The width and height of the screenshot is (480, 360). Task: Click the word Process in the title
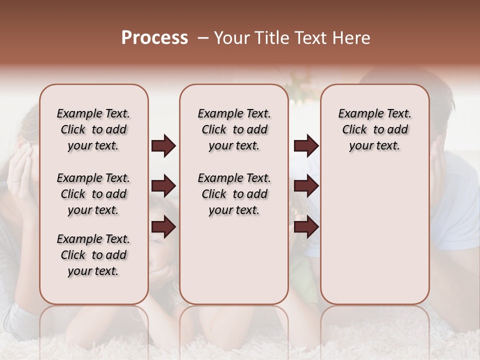pyautogui.click(x=154, y=38)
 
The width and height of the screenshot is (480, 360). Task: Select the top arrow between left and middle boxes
pyautogui.click(x=163, y=146)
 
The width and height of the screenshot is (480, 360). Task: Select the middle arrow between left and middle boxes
pyautogui.click(x=163, y=186)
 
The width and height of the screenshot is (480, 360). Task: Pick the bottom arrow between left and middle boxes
pyautogui.click(x=163, y=227)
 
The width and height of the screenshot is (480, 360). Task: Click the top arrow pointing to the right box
pyautogui.click(x=306, y=146)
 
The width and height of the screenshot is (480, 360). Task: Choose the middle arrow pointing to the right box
pyautogui.click(x=306, y=186)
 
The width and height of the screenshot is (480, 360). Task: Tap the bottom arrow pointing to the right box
pyautogui.click(x=306, y=227)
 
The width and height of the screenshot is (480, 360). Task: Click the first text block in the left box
pyautogui.click(x=93, y=129)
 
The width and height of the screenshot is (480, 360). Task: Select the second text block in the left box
pyautogui.click(x=93, y=194)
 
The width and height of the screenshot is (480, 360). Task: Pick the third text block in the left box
pyautogui.click(x=93, y=255)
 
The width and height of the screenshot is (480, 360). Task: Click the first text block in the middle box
pyautogui.click(x=234, y=129)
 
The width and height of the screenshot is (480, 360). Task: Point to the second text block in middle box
pyautogui.click(x=234, y=194)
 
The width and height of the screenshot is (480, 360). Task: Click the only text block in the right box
pyautogui.click(x=374, y=129)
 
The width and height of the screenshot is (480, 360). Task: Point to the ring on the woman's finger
pyautogui.click(x=15, y=179)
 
